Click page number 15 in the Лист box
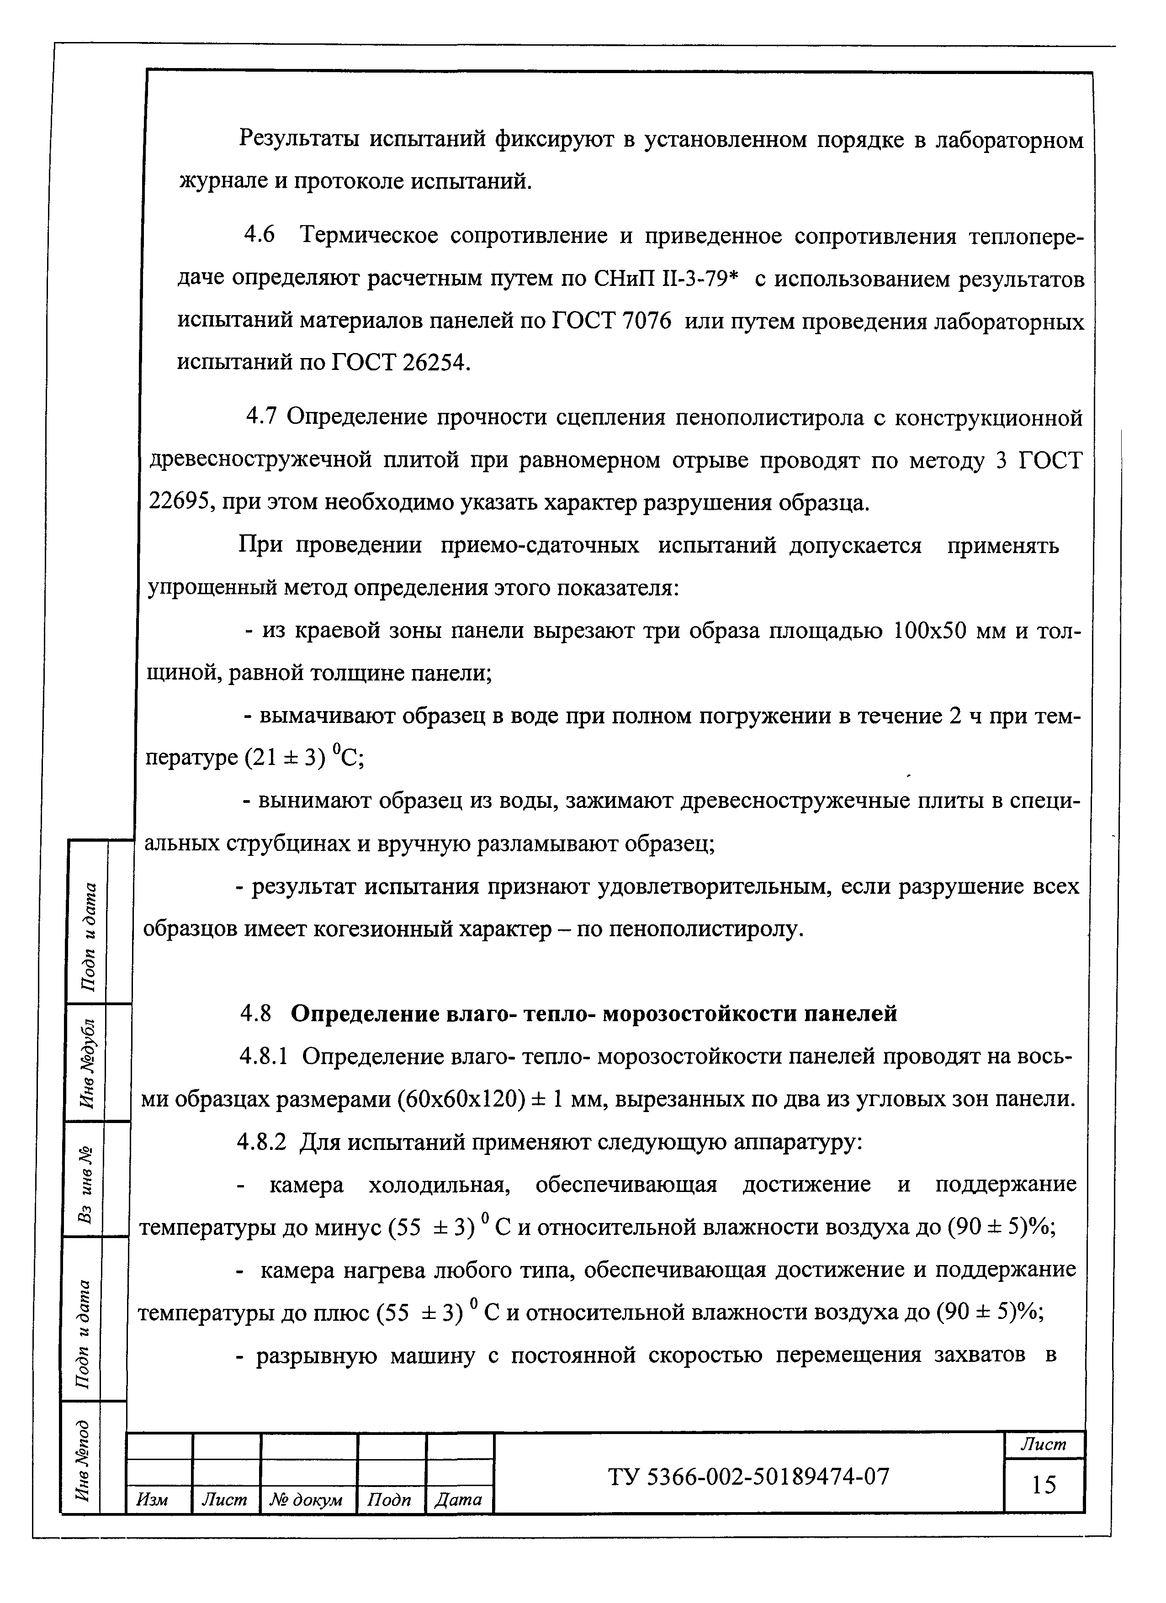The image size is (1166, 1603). click(x=1043, y=1486)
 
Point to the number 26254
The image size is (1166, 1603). click(x=434, y=363)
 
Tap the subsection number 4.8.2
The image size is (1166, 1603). click(x=262, y=1142)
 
